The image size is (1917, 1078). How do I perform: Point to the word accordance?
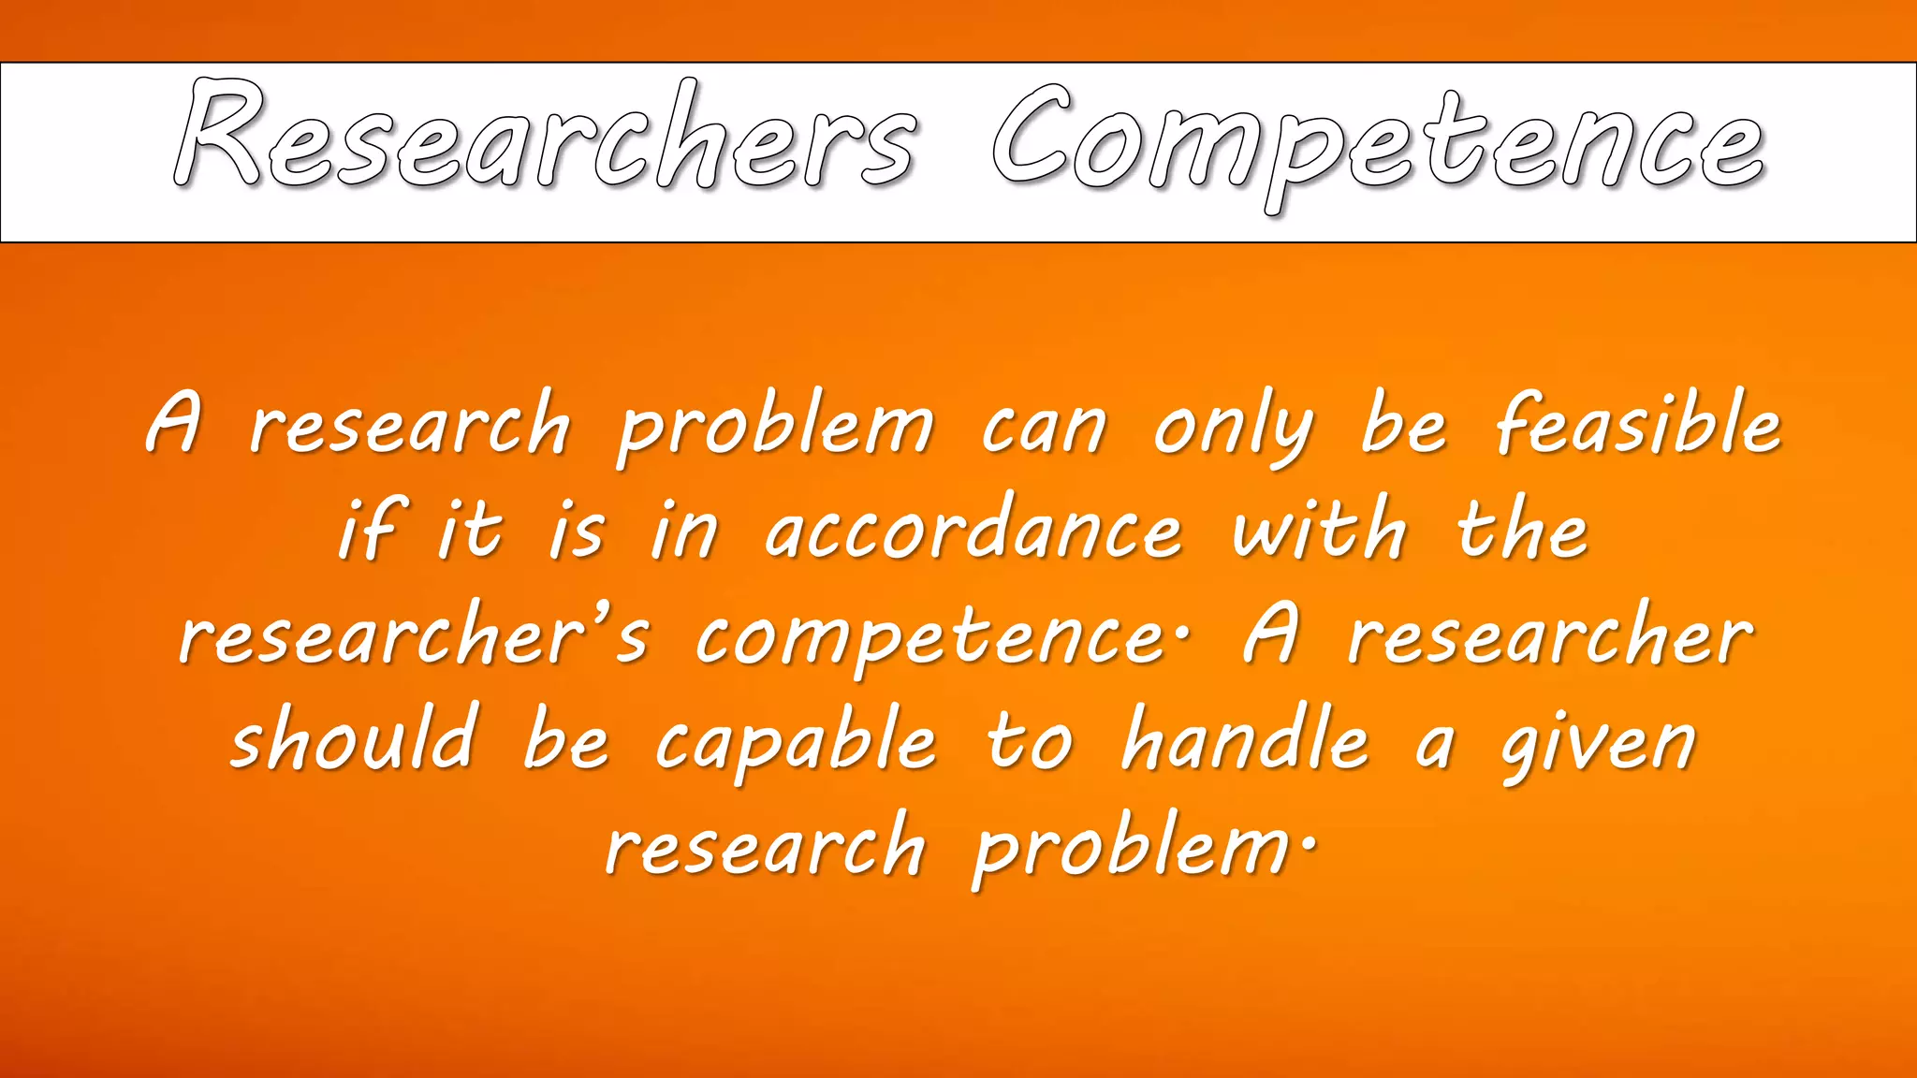[x=974, y=531]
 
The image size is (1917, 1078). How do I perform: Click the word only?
[x=1234, y=430]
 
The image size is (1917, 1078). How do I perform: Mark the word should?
[x=355, y=739]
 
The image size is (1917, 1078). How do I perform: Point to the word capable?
[x=796, y=744]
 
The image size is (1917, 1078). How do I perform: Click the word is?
[x=577, y=531]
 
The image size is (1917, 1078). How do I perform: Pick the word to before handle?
[x=1031, y=744]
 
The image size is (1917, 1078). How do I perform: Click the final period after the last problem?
[x=1308, y=840]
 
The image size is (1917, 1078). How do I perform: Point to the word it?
[x=472, y=531]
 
